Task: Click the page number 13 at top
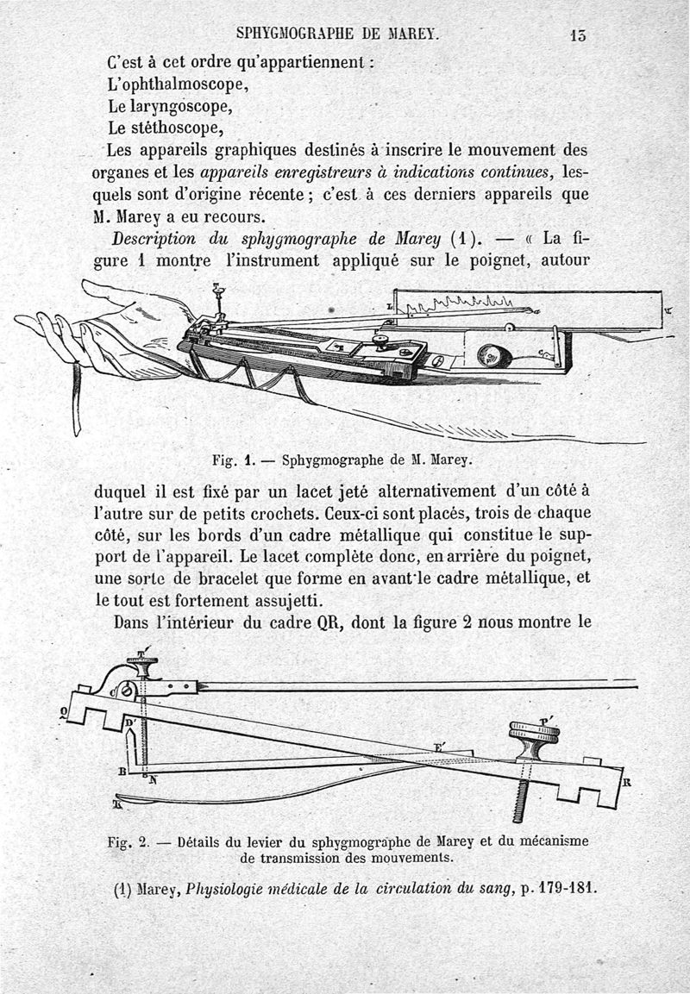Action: click(x=577, y=36)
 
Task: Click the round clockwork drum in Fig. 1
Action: click(x=490, y=354)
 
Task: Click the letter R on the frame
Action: click(x=627, y=784)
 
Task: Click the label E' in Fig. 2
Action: click(x=439, y=747)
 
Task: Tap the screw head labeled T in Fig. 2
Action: click(x=143, y=666)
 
